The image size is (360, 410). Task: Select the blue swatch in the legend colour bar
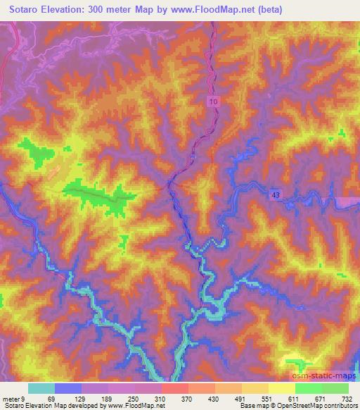67,388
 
